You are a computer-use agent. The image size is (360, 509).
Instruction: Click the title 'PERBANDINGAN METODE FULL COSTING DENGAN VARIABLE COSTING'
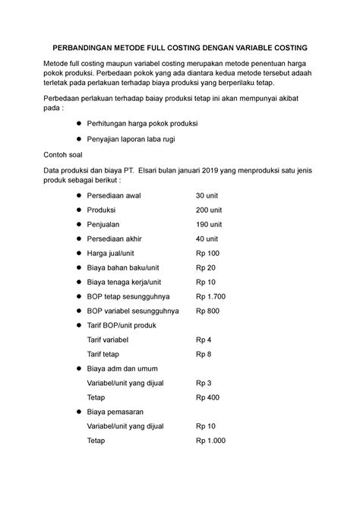(x=179, y=47)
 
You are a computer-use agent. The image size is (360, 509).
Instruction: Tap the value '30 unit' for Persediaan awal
(x=208, y=196)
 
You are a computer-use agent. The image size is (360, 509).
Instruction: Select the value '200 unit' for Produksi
(x=210, y=210)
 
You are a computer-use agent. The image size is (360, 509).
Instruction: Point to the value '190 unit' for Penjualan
(x=210, y=224)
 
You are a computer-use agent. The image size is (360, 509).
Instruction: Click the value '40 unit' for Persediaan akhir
(x=208, y=239)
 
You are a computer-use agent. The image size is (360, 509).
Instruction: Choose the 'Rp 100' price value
(x=207, y=253)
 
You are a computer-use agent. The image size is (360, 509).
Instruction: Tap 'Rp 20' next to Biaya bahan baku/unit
(x=205, y=267)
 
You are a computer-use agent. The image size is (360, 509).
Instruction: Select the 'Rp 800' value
(x=207, y=310)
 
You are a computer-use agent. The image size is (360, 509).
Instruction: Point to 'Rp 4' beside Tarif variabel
(x=203, y=340)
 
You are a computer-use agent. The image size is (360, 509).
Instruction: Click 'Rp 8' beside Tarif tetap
(x=203, y=354)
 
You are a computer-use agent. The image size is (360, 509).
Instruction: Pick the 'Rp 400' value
(x=207, y=397)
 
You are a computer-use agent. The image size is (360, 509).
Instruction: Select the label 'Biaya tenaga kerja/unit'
(x=129, y=282)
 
